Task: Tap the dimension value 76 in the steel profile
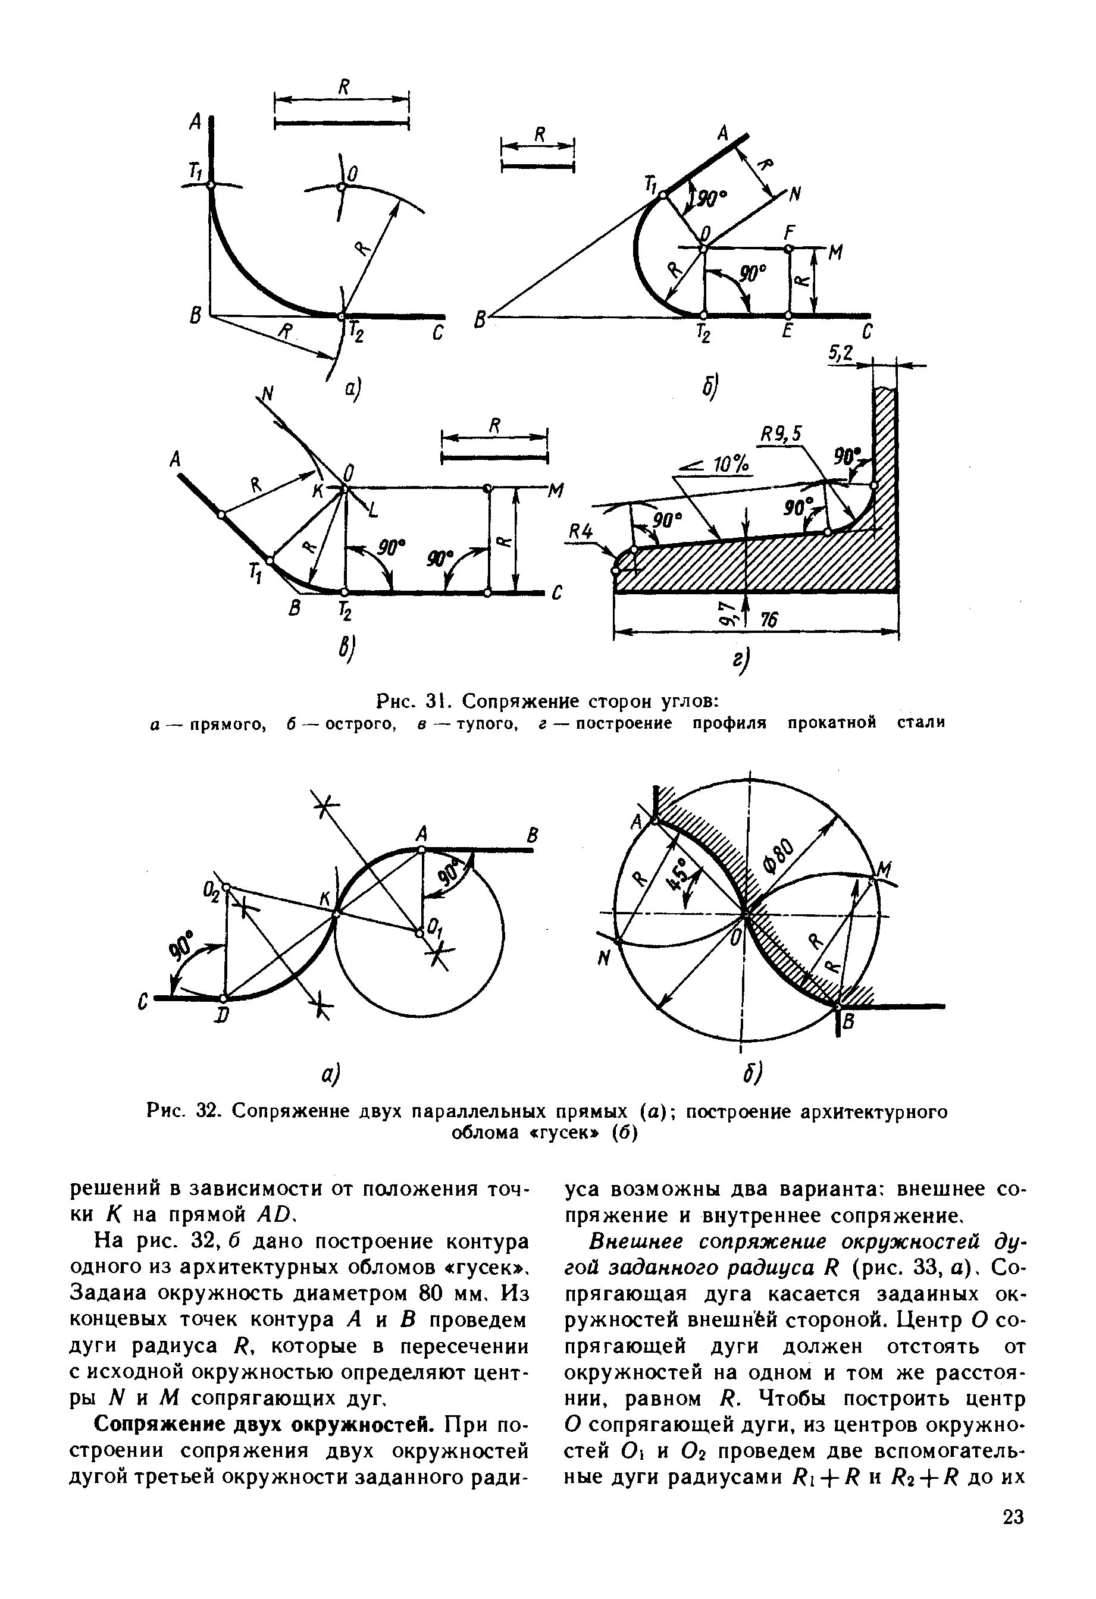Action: [x=769, y=620]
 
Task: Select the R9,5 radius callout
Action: [x=782, y=434]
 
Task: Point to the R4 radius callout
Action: [x=581, y=531]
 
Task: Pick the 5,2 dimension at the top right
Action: [x=840, y=354]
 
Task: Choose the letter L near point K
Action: [x=373, y=509]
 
